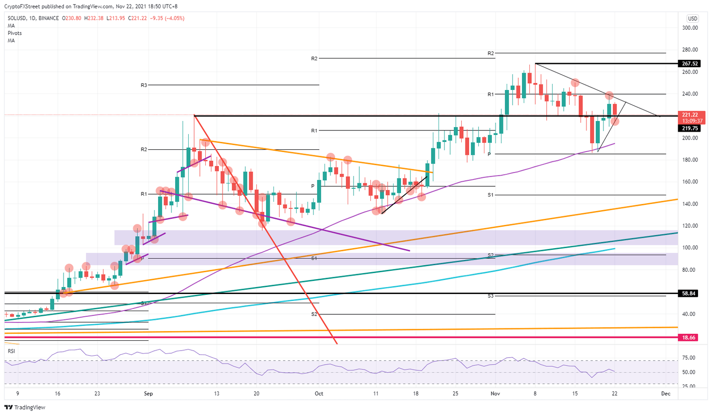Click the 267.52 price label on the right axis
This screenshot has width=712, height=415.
point(689,64)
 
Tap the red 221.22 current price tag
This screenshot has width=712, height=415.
point(690,115)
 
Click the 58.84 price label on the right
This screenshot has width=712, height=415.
point(689,294)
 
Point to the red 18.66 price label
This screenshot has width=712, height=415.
point(689,338)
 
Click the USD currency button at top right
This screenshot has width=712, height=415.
point(693,19)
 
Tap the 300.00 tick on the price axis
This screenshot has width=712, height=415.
point(690,28)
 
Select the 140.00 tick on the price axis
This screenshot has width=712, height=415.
point(690,204)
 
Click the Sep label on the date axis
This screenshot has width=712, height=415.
point(148,394)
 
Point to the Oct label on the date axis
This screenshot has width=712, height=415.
point(319,394)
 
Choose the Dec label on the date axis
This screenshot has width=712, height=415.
point(666,394)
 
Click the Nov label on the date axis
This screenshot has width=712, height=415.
point(495,394)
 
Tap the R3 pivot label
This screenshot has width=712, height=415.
point(144,85)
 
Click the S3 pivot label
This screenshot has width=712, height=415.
point(490,296)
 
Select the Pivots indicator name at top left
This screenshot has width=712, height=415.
point(14,33)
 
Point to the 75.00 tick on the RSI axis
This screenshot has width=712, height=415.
point(689,358)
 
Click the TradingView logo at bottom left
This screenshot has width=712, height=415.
point(25,408)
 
